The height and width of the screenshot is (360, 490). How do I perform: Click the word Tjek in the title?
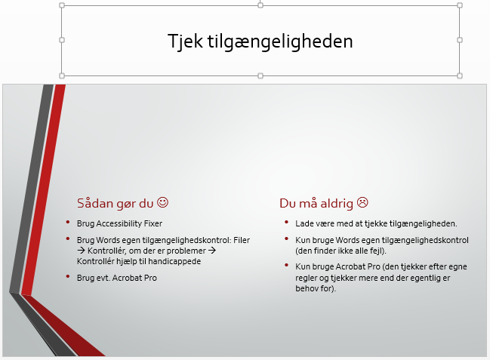point(185,42)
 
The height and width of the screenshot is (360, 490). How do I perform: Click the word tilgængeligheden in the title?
point(280,42)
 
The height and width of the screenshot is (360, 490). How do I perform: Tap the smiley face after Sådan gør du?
point(162,202)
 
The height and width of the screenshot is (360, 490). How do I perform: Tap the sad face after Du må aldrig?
point(362,202)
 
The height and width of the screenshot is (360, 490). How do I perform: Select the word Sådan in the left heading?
point(95,203)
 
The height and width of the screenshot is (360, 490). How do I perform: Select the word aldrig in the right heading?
point(337,203)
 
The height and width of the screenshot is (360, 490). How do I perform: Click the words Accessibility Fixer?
point(129,223)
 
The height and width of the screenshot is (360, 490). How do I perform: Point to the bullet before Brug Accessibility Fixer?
point(68,222)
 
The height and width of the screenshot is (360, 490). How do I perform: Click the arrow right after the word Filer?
point(81,251)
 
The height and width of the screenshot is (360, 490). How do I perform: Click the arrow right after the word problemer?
point(212,251)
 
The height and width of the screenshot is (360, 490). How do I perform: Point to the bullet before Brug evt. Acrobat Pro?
point(68,276)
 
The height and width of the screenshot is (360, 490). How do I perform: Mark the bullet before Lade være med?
point(286,222)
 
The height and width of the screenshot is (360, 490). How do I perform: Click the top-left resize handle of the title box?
point(62,5)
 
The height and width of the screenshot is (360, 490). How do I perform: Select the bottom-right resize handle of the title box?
point(460,75)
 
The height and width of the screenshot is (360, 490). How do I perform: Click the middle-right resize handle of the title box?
point(460,40)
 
